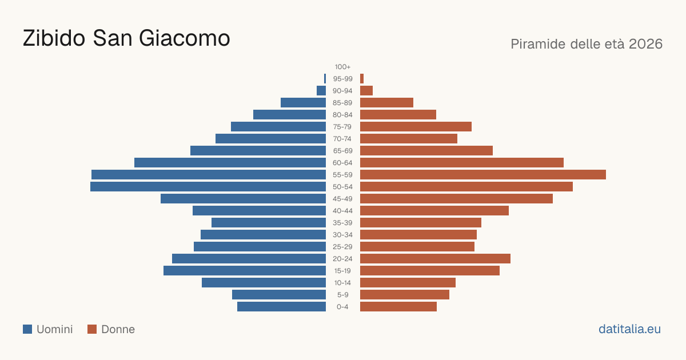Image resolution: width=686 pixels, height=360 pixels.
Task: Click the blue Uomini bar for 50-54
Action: click(208, 187)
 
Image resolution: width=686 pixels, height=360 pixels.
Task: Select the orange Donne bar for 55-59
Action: click(483, 175)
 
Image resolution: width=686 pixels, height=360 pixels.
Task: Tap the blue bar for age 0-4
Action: click(281, 307)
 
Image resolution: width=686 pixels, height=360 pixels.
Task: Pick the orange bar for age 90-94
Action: click(366, 91)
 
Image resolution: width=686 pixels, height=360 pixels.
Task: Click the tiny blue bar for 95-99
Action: click(325, 79)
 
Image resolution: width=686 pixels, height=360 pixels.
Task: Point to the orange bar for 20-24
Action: click(435, 259)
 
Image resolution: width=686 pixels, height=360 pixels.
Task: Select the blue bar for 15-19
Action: click(245, 271)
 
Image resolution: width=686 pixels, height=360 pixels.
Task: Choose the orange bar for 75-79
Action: click(416, 127)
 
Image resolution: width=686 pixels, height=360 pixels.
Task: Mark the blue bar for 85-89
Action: click(303, 102)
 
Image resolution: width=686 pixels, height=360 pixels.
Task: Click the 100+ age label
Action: click(342, 67)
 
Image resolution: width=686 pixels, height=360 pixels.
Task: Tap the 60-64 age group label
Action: click(342, 163)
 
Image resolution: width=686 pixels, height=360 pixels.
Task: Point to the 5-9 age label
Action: click(342, 295)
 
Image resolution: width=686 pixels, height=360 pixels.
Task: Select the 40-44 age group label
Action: click(342, 211)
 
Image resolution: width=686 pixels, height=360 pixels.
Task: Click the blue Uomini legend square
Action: click(27, 329)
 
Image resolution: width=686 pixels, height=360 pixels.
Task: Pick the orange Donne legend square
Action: click(92, 329)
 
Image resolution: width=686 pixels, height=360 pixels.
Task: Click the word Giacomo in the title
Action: click(184, 38)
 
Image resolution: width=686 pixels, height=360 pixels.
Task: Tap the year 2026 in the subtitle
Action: click(646, 44)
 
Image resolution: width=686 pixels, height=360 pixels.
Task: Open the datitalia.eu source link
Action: click(629, 329)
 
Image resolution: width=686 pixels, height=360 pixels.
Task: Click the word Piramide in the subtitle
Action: click(538, 44)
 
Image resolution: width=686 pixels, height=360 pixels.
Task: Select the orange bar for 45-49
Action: click(457, 199)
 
